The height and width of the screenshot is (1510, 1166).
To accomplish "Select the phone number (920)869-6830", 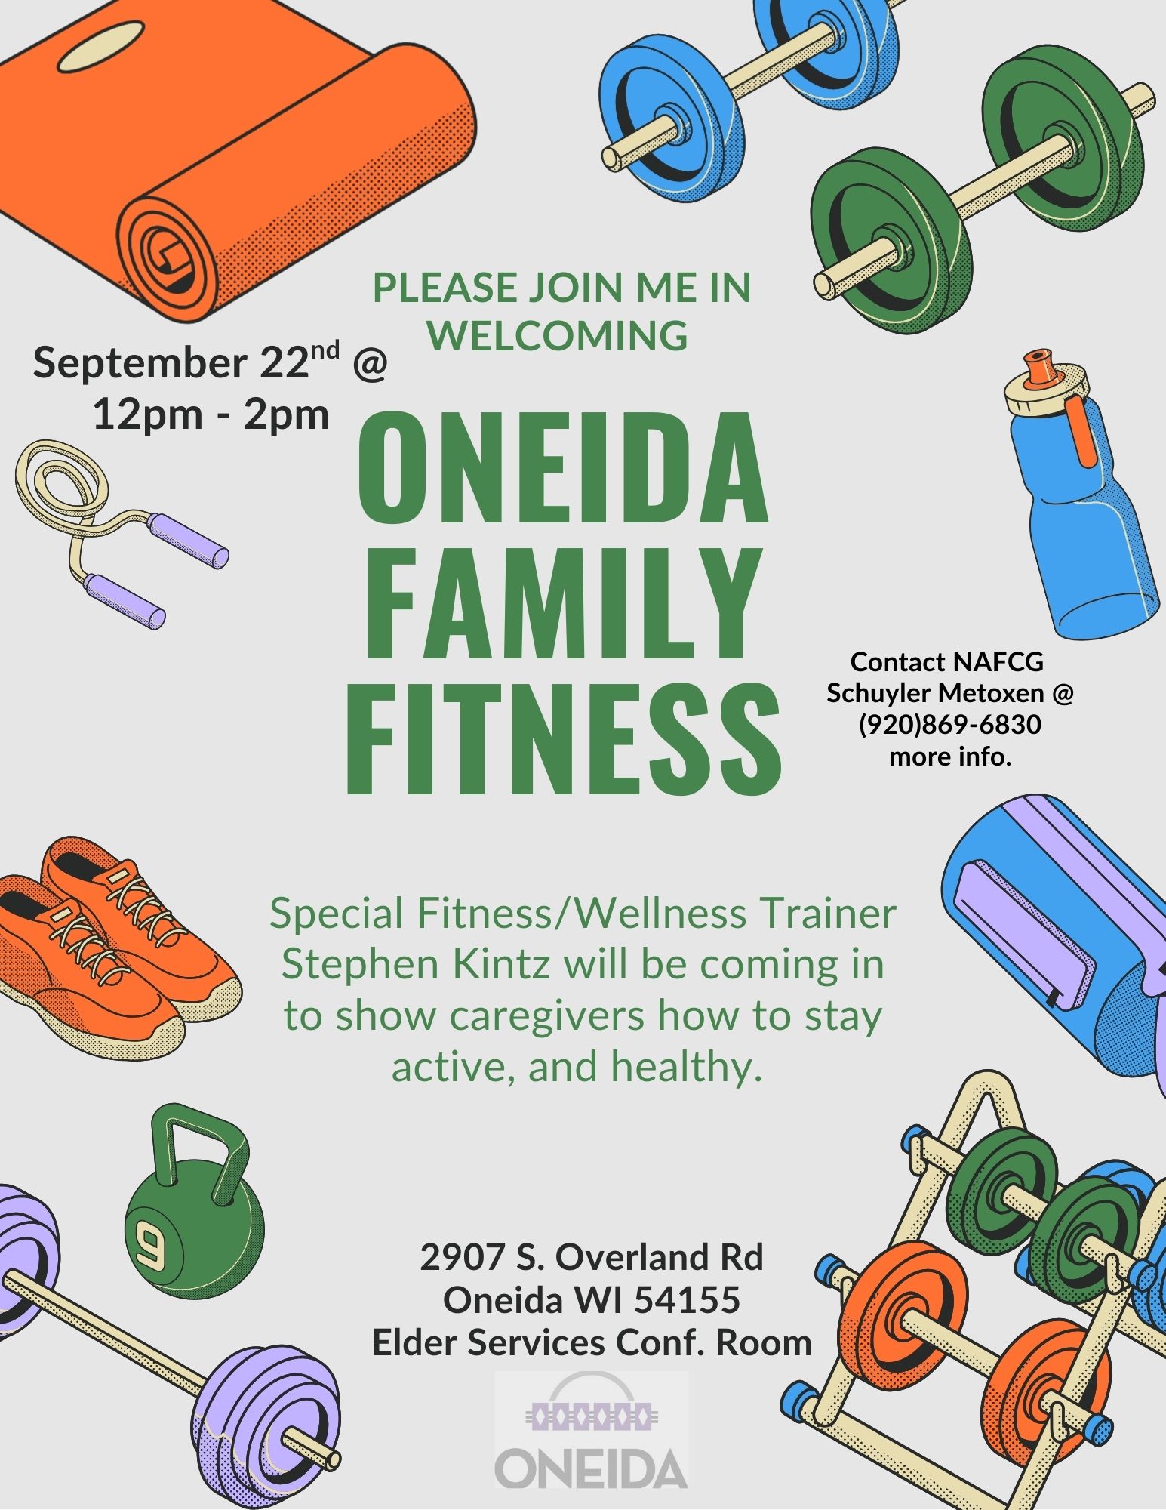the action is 950,725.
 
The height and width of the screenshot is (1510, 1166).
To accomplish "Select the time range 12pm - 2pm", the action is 211,414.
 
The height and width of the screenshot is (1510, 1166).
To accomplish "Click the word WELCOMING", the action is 561,335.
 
